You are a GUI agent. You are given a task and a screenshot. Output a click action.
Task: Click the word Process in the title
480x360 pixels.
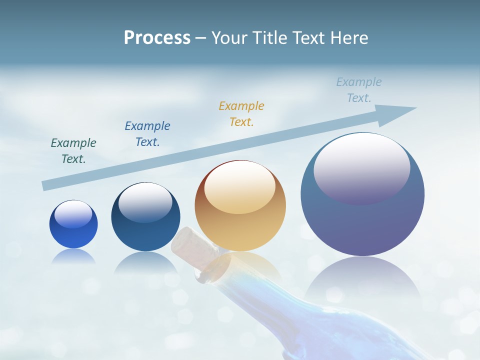point(157,38)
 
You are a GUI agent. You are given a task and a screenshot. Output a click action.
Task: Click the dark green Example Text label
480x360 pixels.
point(73,150)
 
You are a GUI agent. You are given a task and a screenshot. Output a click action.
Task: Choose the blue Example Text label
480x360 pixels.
point(147,133)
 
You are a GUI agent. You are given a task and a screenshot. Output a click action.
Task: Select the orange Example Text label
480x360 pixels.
point(241,113)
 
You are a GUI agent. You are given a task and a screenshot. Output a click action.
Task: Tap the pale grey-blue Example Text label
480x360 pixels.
point(359,89)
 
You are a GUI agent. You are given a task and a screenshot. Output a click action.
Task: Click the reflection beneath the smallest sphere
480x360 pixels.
point(73,256)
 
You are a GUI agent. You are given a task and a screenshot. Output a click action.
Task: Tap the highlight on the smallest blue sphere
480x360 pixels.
point(73,214)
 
